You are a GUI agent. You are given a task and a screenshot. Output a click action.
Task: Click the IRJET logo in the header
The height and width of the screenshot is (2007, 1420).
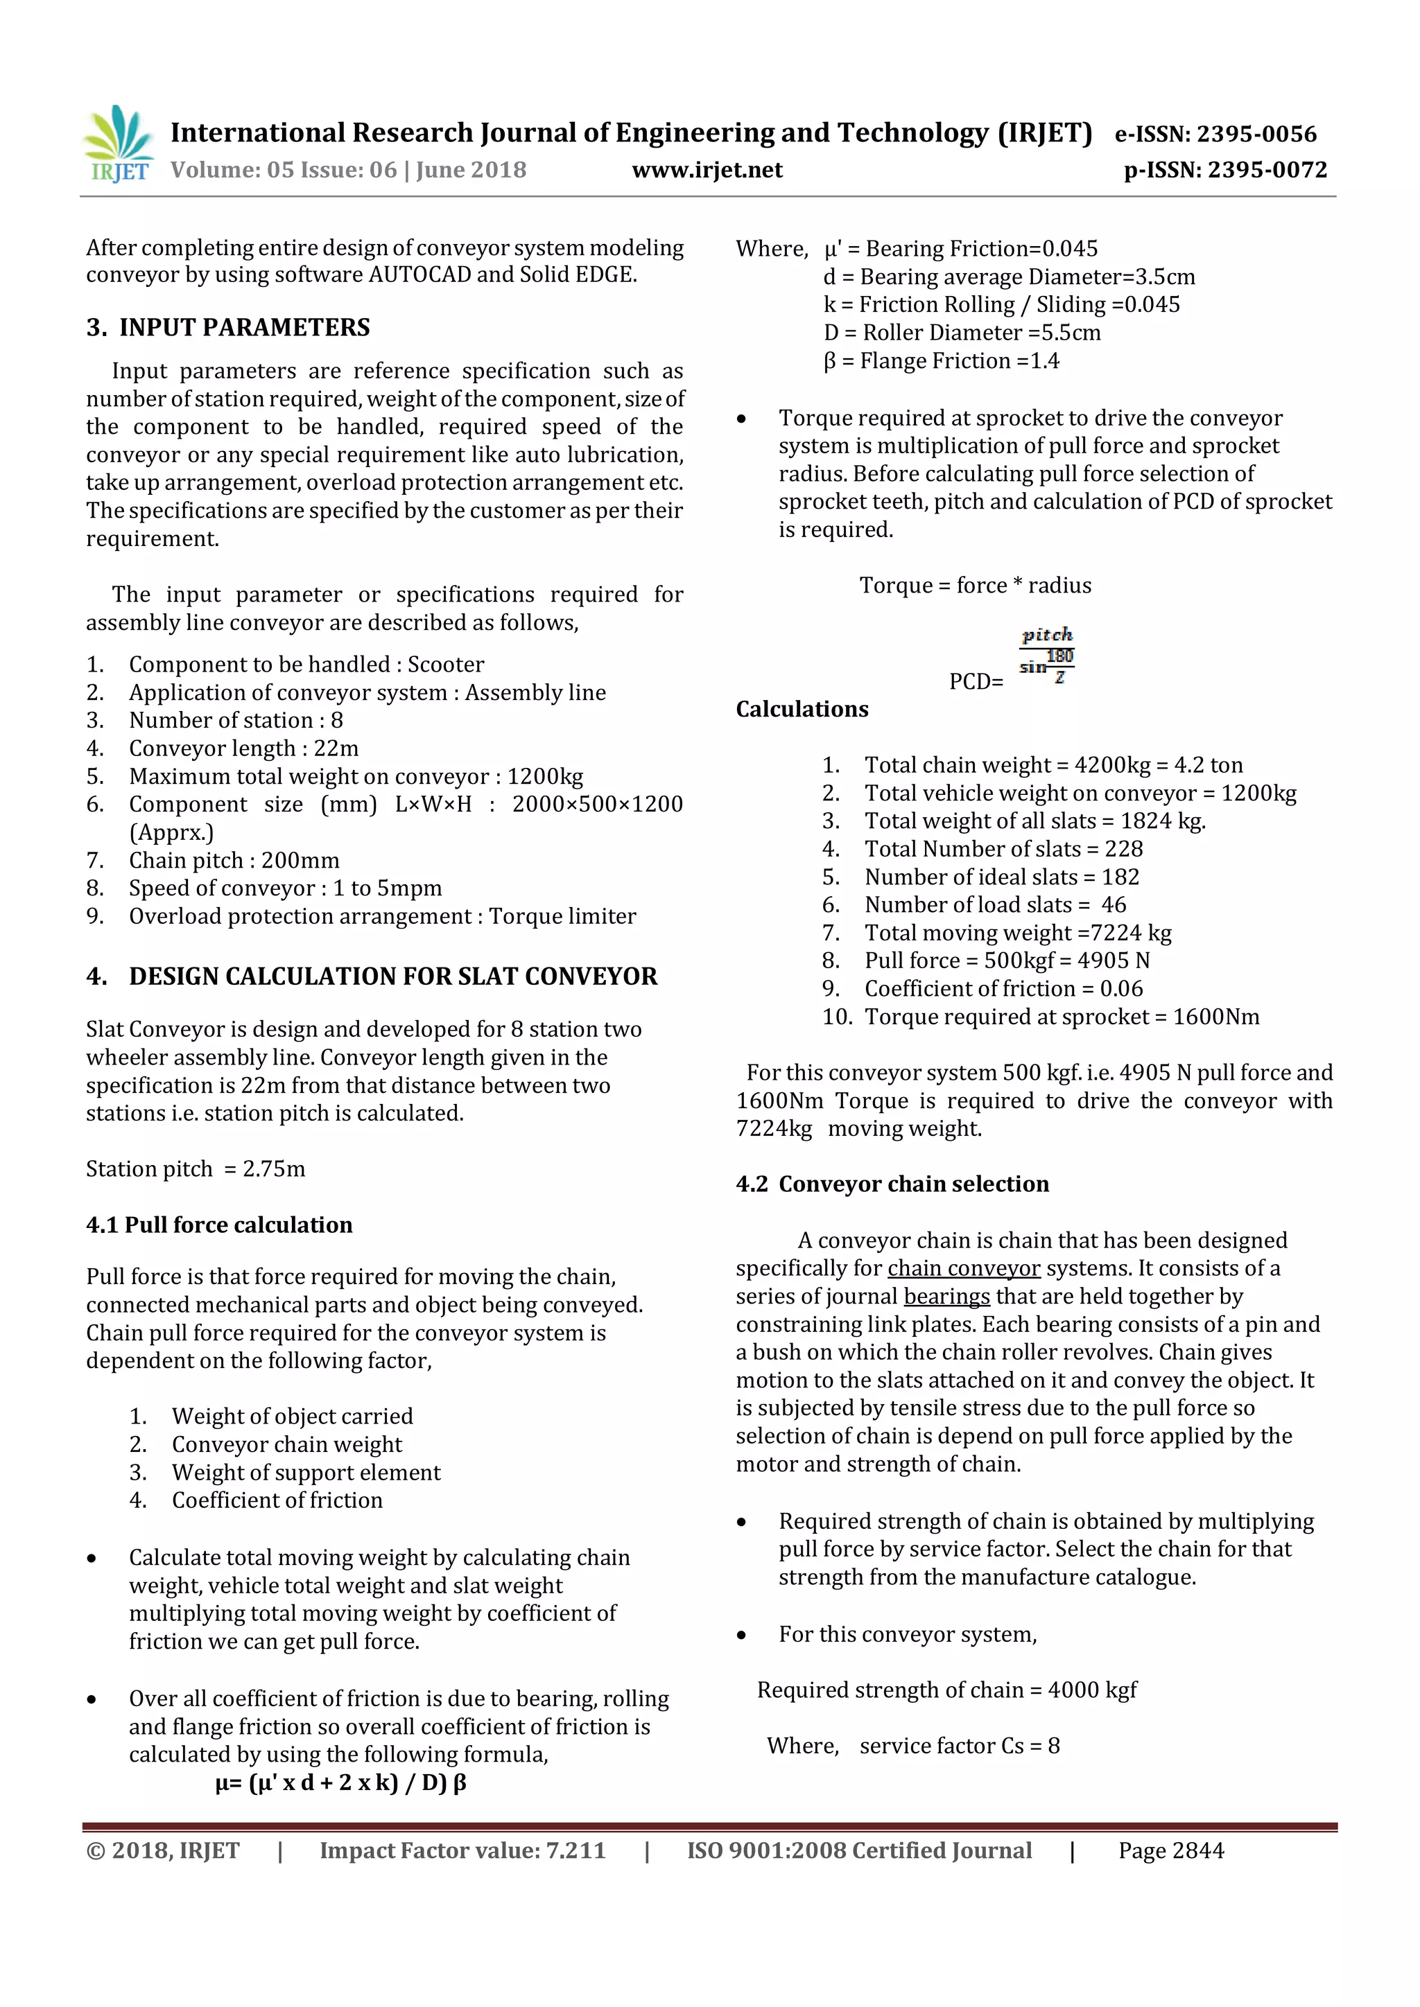tap(118, 144)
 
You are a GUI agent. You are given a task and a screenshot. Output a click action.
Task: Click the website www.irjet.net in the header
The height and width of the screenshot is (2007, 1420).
tap(707, 170)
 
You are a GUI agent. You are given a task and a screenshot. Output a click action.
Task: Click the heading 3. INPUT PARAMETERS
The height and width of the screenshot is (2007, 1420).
tap(228, 328)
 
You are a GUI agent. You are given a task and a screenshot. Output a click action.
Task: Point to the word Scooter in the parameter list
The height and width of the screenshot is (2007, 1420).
tap(446, 665)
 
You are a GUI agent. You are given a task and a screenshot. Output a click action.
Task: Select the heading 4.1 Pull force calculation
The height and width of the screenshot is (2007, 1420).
tap(220, 1225)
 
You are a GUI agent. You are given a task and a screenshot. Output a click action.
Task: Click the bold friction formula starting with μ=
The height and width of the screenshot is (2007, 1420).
tap(341, 1782)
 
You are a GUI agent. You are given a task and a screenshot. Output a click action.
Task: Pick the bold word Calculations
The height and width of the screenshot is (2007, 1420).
tap(802, 709)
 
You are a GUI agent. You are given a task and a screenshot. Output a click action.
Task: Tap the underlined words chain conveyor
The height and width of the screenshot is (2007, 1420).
tap(964, 1268)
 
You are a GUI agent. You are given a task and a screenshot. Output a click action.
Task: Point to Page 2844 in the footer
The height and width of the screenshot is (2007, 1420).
tap(1171, 1850)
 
